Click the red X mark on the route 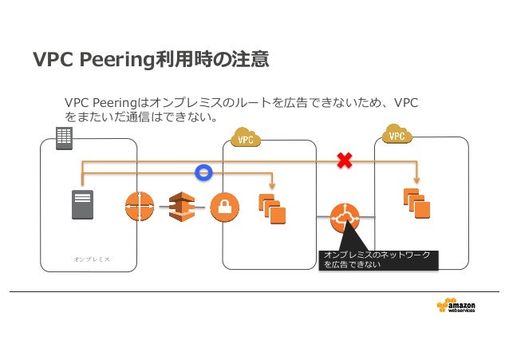[345, 160]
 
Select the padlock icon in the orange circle [225, 207]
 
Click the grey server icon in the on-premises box [82, 204]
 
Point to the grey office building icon [64, 138]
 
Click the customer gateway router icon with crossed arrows [140, 206]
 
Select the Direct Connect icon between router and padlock [182, 207]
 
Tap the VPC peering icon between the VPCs [345, 218]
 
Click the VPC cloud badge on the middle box [246, 137]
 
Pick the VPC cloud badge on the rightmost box [397, 134]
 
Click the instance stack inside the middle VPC [272, 209]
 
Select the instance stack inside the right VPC [416, 204]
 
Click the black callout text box [378, 260]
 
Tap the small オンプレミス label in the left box [92, 259]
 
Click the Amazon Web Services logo [456, 306]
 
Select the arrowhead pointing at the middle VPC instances [272, 185]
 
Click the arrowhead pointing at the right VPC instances [417, 180]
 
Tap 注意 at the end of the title [250, 59]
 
